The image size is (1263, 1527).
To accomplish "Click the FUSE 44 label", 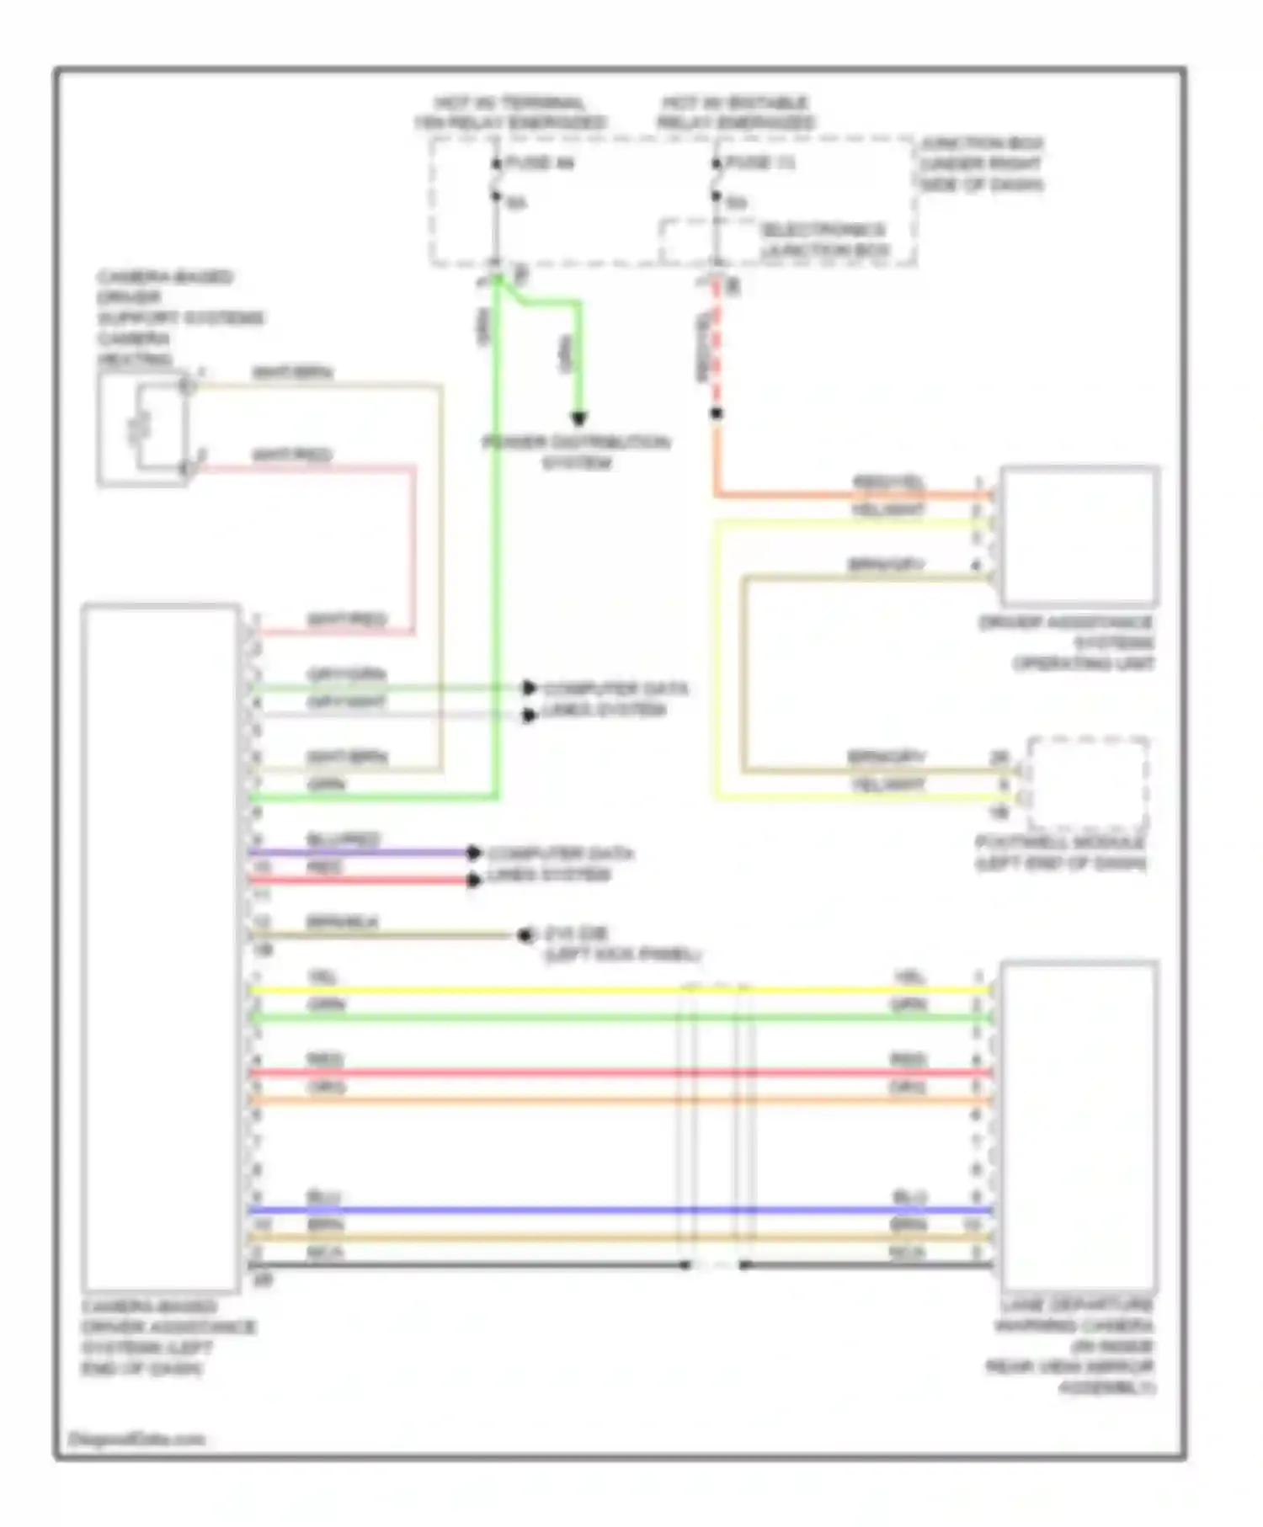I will tap(539, 162).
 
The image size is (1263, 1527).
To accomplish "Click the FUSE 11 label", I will tap(759, 162).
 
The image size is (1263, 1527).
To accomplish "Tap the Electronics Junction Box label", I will tap(824, 241).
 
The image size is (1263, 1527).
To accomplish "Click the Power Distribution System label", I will tap(577, 452).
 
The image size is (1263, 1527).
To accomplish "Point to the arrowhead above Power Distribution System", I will tap(578, 418).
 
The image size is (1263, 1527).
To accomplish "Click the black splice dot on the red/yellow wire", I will tap(717, 413).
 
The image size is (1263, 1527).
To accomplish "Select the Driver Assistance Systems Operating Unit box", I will tap(1079, 535).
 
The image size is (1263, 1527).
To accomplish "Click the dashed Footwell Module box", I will tap(1088, 783).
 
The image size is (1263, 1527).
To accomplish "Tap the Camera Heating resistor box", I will tap(141, 429).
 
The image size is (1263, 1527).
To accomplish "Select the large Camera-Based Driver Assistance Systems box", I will tap(160, 947).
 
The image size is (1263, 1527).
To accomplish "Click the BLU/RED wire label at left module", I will tap(344, 839).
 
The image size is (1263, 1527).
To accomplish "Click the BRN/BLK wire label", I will tap(342, 922).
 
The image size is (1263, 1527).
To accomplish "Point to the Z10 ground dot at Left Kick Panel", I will tap(525, 935).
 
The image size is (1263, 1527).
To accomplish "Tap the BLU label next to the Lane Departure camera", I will tap(909, 1197).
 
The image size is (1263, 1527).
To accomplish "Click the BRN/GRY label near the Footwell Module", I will tap(886, 757).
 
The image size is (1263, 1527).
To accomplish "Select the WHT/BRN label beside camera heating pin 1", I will tap(292, 372).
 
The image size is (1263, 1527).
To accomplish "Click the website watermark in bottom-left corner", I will tap(136, 1439).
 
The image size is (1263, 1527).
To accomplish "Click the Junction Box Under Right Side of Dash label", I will tap(981, 164).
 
